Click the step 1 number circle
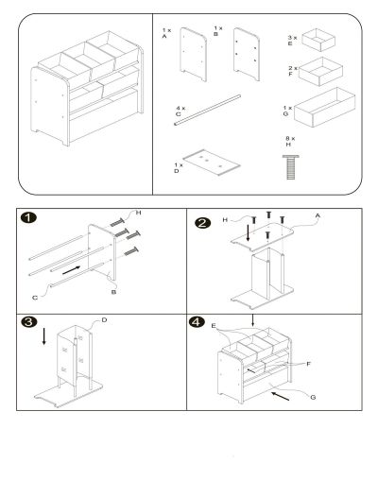[28, 217]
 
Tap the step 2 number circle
[203, 223]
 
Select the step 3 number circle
[29, 322]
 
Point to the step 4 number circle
[197, 322]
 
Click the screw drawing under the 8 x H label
[291, 167]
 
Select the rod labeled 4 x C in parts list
[207, 110]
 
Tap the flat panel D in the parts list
[212, 163]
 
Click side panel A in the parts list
[194, 54]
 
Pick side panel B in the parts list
[247, 54]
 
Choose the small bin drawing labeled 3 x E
[318, 40]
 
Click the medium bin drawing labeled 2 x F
[320, 71]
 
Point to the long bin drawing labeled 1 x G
[324, 107]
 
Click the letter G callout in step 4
[313, 397]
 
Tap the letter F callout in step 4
[309, 364]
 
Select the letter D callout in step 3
[104, 320]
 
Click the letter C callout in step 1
[35, 298]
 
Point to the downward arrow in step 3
[43, 336]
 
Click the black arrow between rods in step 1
[71, 270]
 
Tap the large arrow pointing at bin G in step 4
[281, 396]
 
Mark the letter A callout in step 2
[318, 215]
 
